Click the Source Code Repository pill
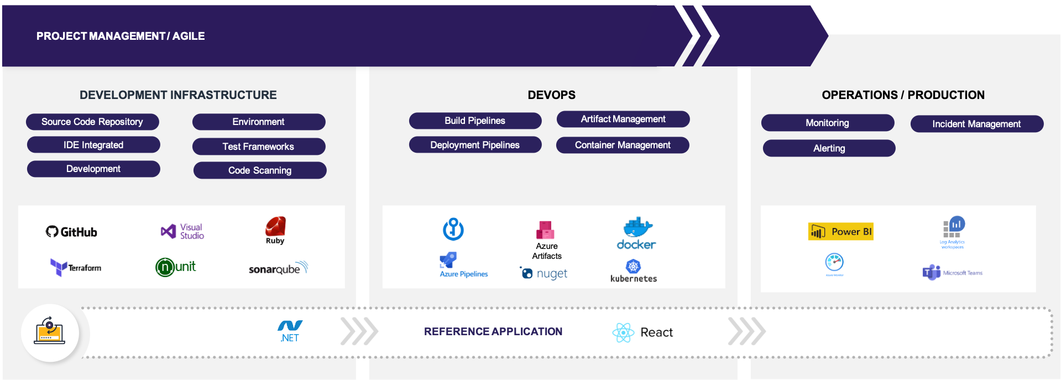pos(92,122)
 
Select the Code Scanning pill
pos(260,170)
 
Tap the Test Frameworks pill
pos(258,147)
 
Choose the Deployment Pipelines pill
pos(475,145)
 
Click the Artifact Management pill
pos(623,119)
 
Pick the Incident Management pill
pos(976,124)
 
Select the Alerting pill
pos(829,148)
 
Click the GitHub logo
pos(71,232)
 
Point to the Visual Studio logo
pos(182,231)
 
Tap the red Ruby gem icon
pos(275,227)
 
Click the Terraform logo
pos(76,268)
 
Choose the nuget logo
pos(544,273)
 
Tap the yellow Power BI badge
pos(840,232)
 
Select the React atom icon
pos(623,332)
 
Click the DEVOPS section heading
pos(551,95)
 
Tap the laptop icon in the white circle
pos(50,332)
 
